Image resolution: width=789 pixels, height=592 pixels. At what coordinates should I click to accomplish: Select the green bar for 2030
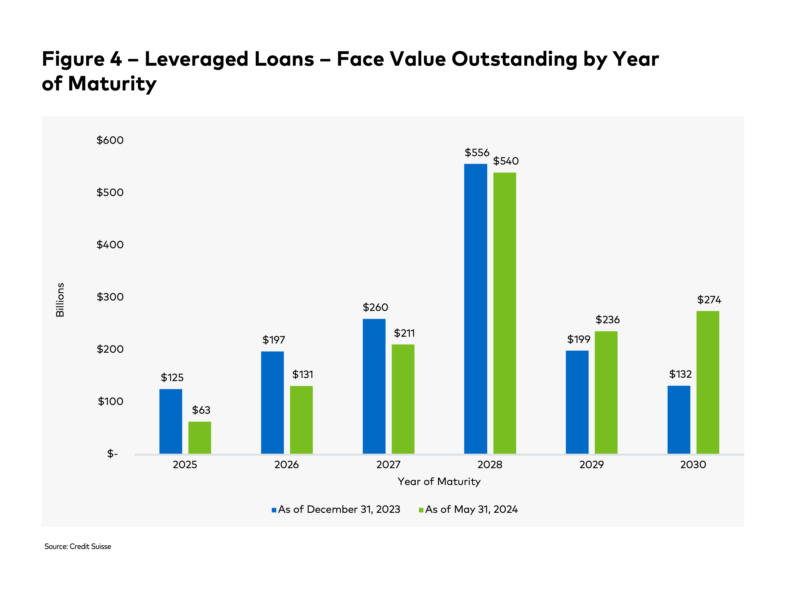[x=708, y=382]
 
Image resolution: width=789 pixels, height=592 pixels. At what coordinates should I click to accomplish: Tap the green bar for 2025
[x=199, y=438]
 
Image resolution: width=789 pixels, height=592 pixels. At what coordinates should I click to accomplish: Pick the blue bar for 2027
[x=374, y=386]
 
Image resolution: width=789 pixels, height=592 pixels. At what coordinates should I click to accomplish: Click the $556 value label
[x=477, y=153]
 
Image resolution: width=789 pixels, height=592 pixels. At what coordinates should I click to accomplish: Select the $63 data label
[x=201, y=410]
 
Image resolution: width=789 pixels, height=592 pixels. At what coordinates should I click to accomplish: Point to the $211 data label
[x=404, y=333]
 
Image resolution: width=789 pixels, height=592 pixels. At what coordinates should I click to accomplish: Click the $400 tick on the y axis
[x=110, y=245]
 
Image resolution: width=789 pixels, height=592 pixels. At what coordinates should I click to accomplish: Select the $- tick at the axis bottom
[x=112, y=454]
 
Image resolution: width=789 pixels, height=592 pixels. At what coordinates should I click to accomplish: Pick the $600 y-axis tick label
[x=110, y=140]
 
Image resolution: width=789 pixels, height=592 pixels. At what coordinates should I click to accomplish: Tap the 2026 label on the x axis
[x=287, y=465]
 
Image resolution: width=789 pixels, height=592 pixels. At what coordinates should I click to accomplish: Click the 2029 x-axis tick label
[x=591, y=465]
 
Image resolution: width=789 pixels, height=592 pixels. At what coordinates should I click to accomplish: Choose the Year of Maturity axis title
[x=439, y=482]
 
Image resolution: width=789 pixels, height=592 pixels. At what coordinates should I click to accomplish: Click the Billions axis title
[x=60, y=300]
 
